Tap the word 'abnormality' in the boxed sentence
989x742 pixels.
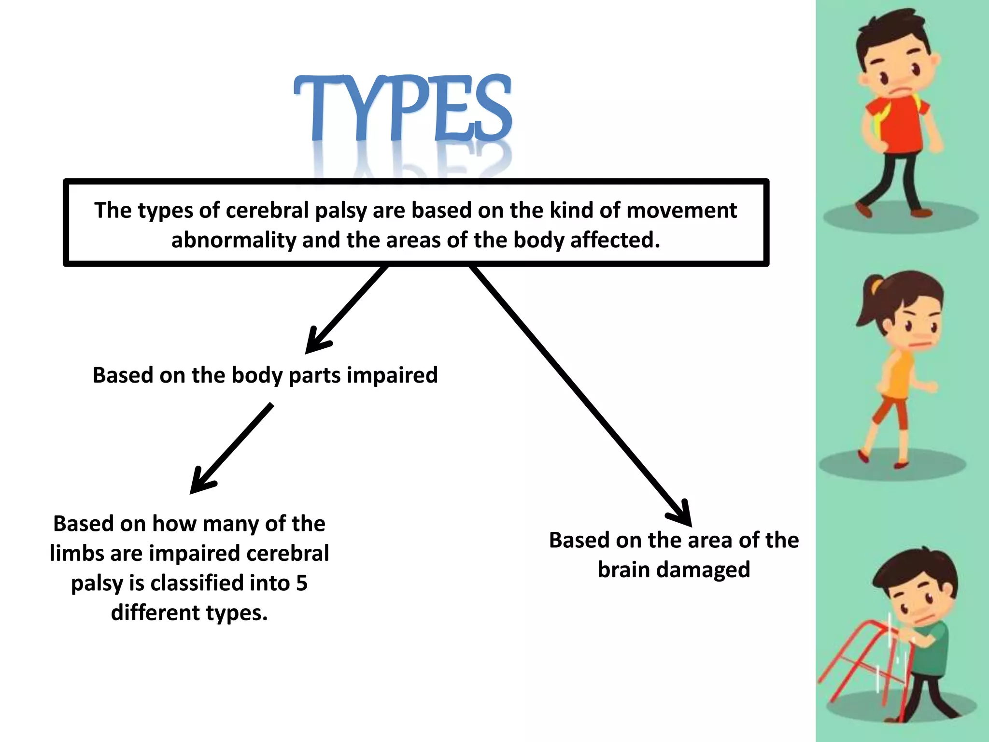(233, 240)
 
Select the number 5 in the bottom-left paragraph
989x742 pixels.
(302, 583)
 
